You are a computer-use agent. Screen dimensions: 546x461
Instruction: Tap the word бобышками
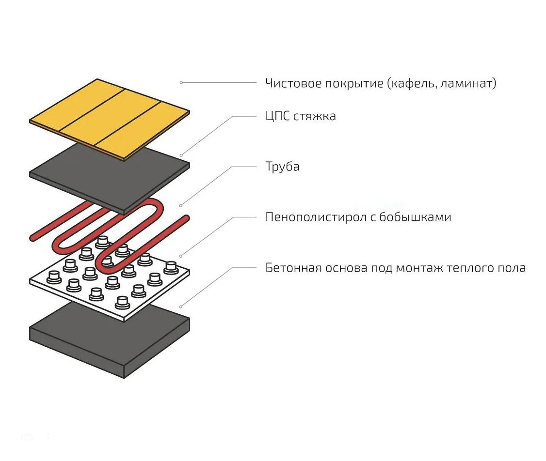(x=415, y=217)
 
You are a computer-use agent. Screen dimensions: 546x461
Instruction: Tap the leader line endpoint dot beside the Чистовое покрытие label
(x=181, y=83)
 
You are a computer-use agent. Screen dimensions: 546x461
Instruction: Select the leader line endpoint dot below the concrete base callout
(x=181, y=307)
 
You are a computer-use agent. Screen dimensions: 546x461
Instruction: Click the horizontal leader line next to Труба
(x=244, y=167)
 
